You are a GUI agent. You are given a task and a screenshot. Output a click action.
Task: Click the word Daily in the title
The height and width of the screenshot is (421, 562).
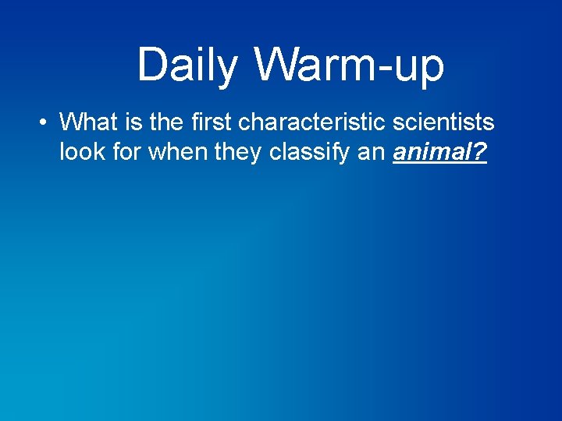point(187,65)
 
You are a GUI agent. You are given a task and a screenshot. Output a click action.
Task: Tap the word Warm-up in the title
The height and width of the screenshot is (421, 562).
point(349,65)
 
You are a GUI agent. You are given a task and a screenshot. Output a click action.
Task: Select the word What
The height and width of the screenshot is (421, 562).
point(87,122)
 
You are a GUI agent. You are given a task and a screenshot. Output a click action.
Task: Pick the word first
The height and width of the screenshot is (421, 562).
point(209,122)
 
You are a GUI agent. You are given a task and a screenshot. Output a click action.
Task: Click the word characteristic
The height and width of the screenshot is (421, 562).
point(315,122)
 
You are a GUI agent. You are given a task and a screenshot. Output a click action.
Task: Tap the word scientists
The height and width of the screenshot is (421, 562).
point(446,122)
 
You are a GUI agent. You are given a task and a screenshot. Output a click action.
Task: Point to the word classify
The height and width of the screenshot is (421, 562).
point(309,152)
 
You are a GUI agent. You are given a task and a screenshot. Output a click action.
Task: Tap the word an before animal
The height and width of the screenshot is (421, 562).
point(372,152)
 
